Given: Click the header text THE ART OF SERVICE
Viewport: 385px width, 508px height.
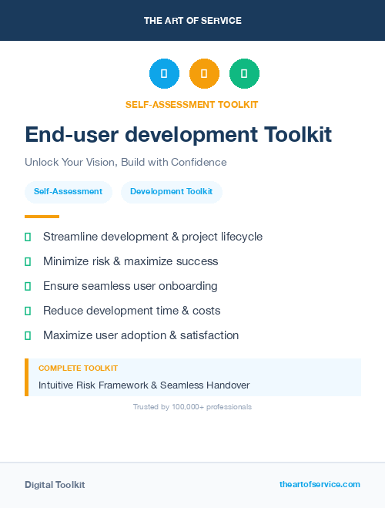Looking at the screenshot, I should pos(192,21).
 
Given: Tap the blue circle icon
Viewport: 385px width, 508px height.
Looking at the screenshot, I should pos(164,74).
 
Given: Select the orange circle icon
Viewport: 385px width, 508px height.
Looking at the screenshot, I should pos(204,74).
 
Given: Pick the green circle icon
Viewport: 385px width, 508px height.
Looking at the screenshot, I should pos(244,74).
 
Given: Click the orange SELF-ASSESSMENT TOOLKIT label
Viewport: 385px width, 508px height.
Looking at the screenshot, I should pos(192,104).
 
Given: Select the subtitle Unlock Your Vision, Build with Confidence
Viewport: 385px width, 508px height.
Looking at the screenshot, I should pos(126,163).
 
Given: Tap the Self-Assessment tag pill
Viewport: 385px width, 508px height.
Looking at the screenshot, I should pos(68,192).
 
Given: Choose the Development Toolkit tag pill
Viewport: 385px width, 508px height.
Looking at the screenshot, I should pos(171,192).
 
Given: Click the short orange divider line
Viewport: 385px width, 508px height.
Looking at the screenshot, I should pos(42,217).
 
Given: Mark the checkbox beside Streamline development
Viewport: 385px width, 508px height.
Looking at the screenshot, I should pos(28,237).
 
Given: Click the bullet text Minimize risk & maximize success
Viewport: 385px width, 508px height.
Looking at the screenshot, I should pos(130,261).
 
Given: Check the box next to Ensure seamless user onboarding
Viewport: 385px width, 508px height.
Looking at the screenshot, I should pos(28,286).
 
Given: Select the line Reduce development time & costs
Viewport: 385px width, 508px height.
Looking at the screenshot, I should pos(132,311).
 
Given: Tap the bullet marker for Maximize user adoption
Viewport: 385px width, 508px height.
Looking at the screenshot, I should pos(28,335).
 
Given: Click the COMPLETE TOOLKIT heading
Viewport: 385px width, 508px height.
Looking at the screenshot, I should pos(78,368).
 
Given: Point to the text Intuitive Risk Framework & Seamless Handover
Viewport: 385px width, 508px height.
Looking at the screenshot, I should pos(144,385).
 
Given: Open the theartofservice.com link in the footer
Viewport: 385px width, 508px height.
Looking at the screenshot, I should pos(320,484).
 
